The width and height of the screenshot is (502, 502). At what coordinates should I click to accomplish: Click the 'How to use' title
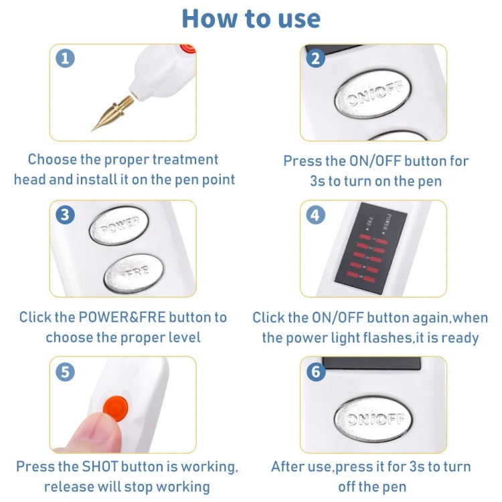click(251, 18)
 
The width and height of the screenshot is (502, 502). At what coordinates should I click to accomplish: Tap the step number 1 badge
click(65, 58)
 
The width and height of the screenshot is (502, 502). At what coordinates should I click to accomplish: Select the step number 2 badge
click(316, 58)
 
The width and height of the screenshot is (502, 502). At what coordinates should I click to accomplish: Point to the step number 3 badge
click(65, 215)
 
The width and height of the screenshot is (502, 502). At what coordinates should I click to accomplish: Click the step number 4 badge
click(316, 215)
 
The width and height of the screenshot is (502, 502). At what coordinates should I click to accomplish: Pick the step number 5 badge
click(65, 371)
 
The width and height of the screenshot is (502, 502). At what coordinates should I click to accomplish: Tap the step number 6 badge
click(316, 371)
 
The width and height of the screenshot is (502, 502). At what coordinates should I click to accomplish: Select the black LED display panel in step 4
click(364, 250)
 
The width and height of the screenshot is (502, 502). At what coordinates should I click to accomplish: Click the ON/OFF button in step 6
click(373, 420)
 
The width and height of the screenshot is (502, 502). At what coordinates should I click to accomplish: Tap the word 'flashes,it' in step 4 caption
click(381, 337)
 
